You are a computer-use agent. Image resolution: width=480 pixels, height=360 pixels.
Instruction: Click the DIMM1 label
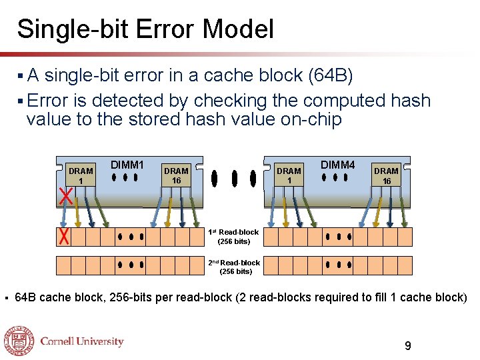[127, 165]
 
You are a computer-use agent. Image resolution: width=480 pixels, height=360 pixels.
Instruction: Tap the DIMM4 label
[338, 165]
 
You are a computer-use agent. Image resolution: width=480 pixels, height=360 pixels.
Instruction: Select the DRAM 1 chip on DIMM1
[81, 176]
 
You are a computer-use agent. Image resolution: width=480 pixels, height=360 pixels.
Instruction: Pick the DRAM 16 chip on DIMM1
[177, 176]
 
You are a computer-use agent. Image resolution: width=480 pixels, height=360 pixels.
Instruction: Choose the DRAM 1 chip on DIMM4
[289, 176]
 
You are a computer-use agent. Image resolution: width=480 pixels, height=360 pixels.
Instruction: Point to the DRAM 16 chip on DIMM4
[386, 176]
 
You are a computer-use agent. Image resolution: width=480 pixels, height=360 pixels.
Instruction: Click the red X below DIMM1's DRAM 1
[65, 197]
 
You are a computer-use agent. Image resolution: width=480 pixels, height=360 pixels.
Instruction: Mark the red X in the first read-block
[64, 237]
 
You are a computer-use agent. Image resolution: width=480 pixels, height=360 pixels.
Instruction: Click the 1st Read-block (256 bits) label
[233, 237]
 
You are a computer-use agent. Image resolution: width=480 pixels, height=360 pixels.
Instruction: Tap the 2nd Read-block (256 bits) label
[234, 267]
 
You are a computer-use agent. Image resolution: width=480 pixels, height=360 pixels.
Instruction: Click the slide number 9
[408, 346]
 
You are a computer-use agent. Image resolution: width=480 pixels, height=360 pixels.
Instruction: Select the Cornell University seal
[19, 342]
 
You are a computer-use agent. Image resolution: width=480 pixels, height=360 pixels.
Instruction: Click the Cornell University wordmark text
[82, 342]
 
